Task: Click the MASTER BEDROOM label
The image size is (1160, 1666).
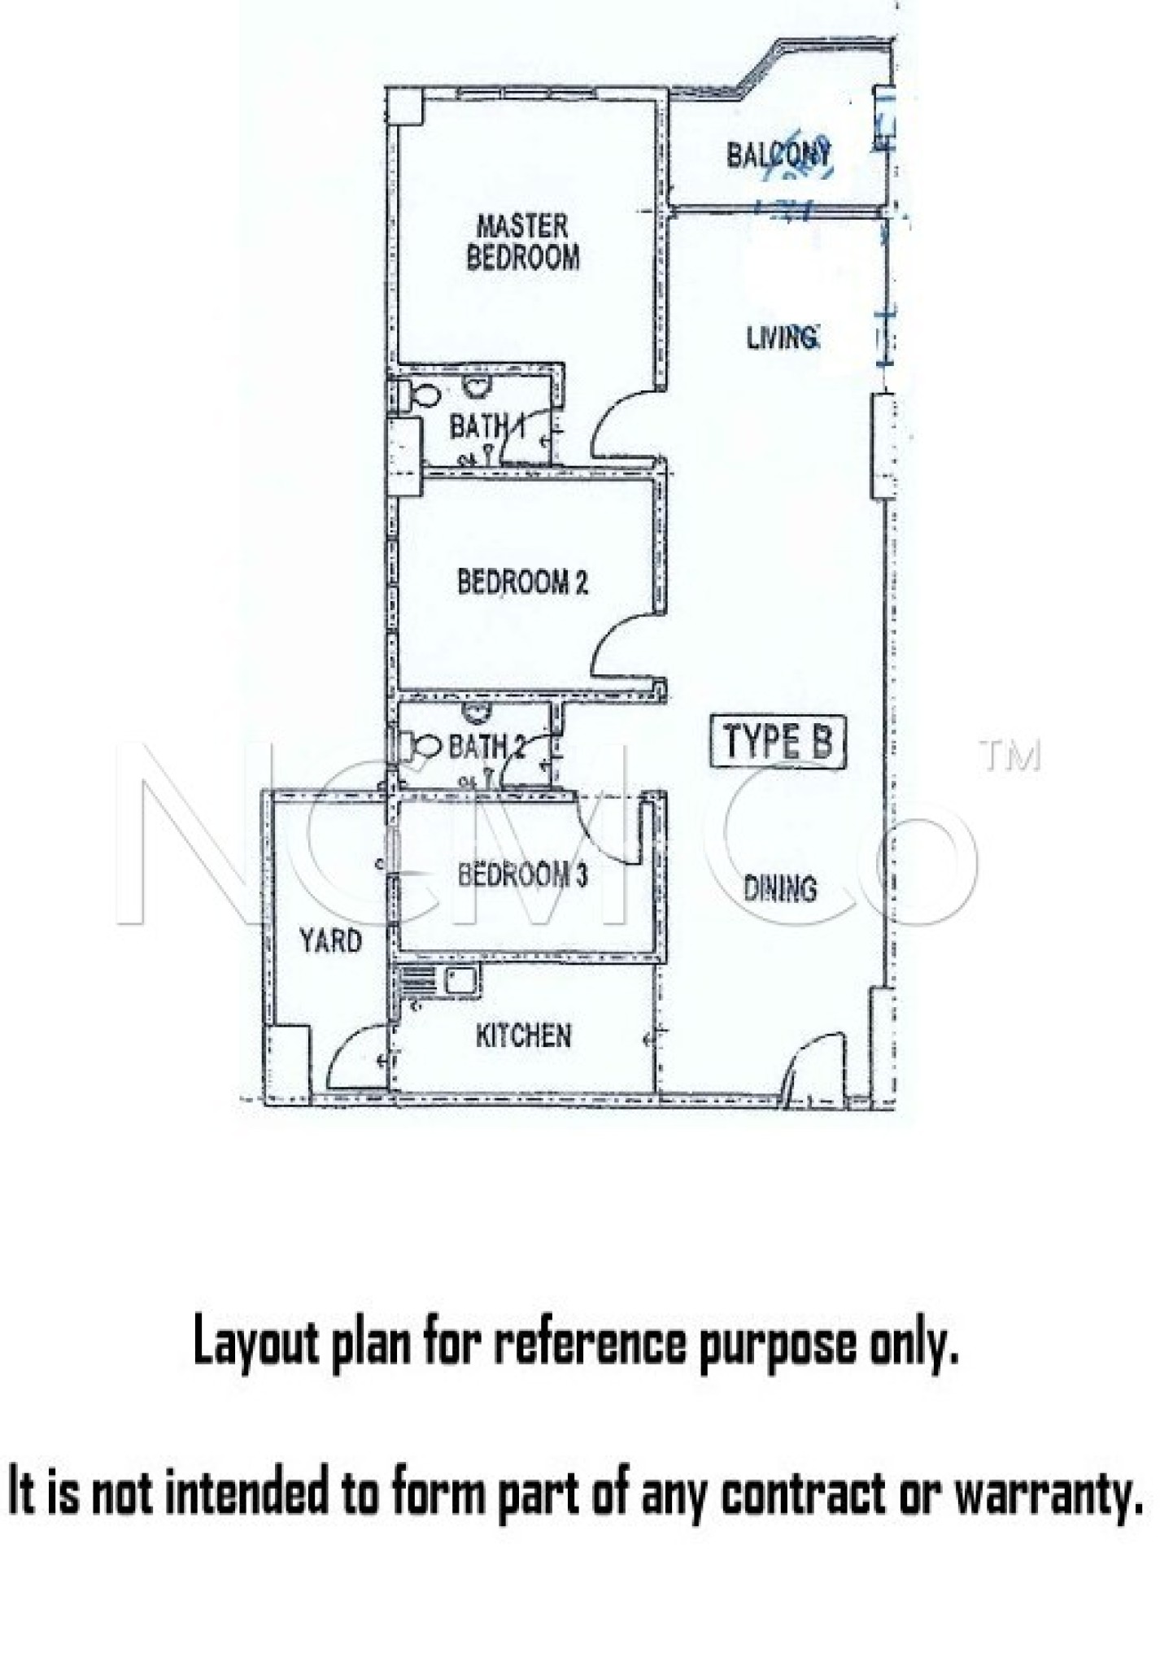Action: (x=523, y=242)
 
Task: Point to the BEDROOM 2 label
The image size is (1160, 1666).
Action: (x=522, y=582)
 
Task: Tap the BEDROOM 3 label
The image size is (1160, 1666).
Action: (x=522, y=875)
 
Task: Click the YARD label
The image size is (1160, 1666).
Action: (x=330, y=941)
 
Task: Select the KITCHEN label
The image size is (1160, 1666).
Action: (x=523, y=1036)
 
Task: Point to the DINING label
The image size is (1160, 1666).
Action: (x=780, y=888)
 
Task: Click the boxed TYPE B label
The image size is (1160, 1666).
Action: (x=778, y=741)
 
